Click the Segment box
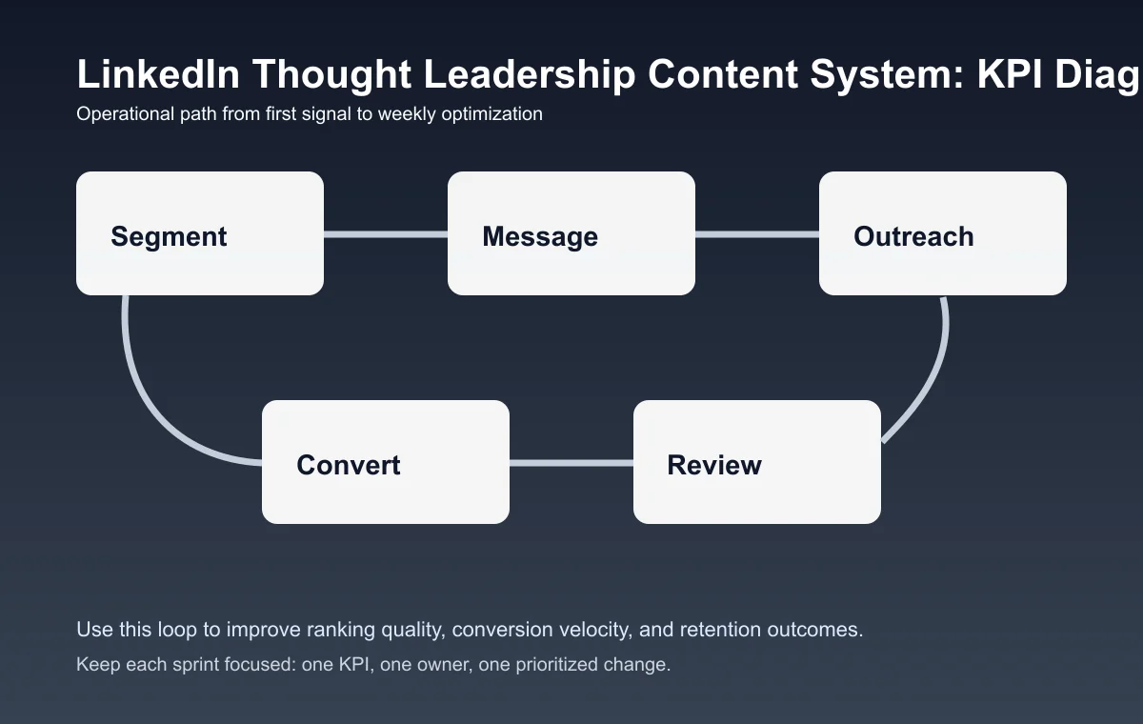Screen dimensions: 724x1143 [x=200, y=233]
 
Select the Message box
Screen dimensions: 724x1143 [x=571, y=233]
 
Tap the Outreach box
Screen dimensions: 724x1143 [x=943, y=233]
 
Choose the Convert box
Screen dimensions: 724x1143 [x=386, y=462]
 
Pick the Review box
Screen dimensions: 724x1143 [x=757, y=462]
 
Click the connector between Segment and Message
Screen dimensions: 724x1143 [x=386, y=233]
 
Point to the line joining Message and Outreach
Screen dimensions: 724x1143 [x=757, y=233]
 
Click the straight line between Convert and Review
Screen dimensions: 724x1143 [x=571, y=463]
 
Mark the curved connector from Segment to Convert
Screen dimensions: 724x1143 [x=152, y=400]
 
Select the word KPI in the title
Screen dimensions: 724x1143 [x=1011, y=74]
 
